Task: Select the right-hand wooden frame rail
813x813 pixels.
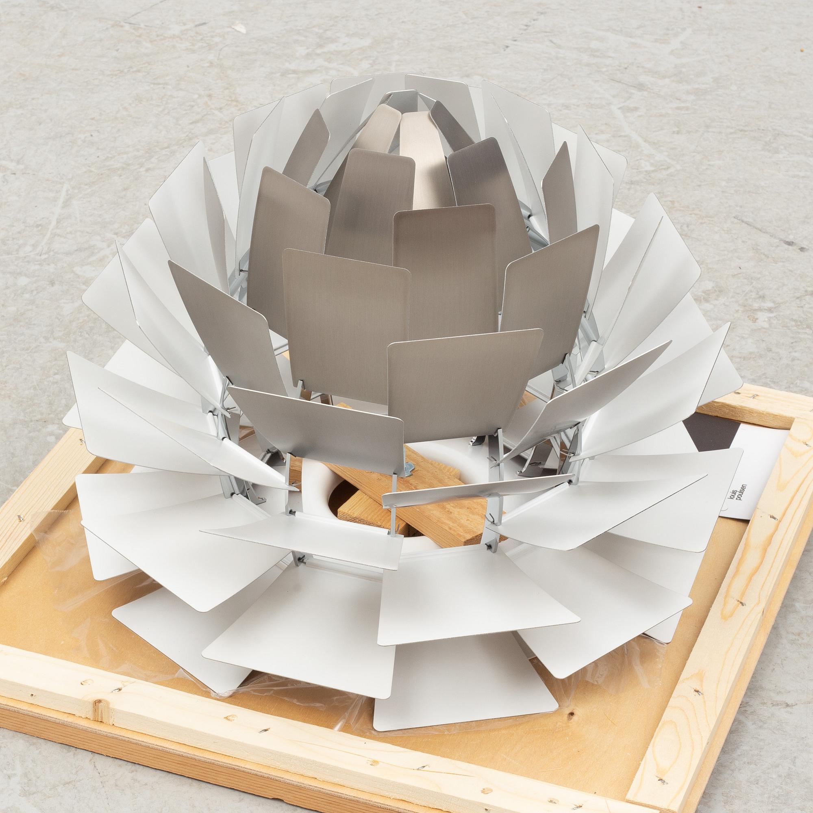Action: click(x=715, y=631)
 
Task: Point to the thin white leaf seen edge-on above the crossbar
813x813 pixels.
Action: click(x=476, y=490)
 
